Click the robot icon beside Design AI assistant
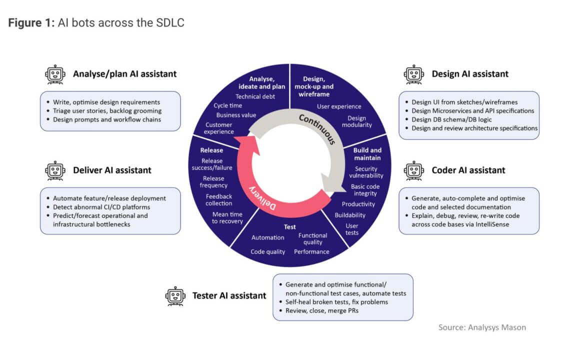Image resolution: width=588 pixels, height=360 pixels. [413, 74]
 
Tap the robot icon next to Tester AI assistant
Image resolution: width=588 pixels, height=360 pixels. [174, 295]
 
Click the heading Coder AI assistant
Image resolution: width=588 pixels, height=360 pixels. [468, 170]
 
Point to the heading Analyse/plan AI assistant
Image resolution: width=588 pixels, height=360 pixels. [124, 74]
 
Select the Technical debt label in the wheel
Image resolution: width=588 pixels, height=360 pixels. [255, 96]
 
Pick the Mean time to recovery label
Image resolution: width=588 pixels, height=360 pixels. [227, 218]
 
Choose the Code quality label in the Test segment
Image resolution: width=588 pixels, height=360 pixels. [268, 252]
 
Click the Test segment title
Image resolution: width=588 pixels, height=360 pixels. [290, 226]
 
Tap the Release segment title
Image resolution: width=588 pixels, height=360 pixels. [211, 150]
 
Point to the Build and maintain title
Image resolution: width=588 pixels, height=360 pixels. [367, 154]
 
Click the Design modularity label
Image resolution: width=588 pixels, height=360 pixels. [357, 121]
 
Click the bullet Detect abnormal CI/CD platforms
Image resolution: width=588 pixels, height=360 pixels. [101, 207]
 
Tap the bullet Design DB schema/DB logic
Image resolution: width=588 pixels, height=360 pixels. [451, 119]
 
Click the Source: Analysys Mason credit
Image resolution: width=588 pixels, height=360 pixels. [482, 327]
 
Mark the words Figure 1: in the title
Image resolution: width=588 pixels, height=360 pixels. [31, 23]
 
